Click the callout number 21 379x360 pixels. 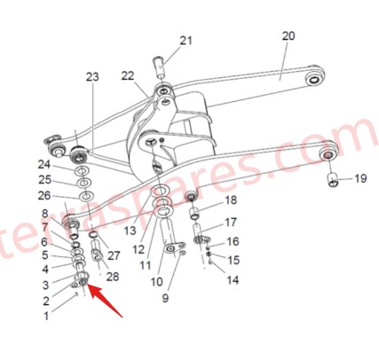pos(186,41)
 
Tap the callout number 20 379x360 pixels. pos(288,36)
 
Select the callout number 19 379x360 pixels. pos(359,179)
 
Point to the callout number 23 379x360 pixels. pos(92,78)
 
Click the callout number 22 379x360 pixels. pos(128,75)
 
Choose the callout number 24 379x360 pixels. pos(44,164)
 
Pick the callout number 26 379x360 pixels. pos(44,195)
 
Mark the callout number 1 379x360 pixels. pos(47,313)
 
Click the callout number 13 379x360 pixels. pos(130,230)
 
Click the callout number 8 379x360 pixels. pos(44,214)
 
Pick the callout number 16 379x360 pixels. pos(233,241)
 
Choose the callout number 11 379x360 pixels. pos(145,265)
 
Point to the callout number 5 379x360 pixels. pos(44,255)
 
